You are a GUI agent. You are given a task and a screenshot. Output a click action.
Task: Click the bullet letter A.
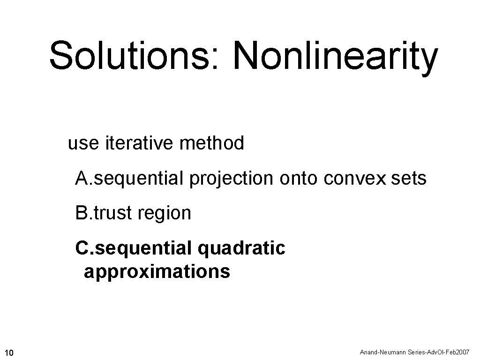tap(82, 178)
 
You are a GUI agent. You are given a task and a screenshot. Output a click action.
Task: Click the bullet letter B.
tap(82, 213)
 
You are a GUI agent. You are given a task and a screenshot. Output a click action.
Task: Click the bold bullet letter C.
tap(82, 248)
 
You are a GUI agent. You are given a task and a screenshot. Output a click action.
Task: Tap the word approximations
tap(157, 272)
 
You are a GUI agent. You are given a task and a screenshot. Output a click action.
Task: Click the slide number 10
tap(9, 352)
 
